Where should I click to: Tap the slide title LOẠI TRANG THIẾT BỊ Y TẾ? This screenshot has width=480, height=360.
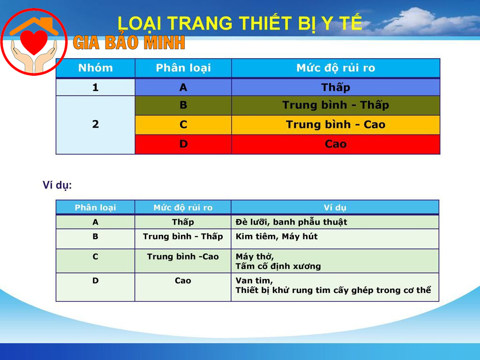click(240, 23)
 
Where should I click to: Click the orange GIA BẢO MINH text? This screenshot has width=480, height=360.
click(129, 44)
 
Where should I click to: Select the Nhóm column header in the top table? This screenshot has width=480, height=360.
click(96, 68)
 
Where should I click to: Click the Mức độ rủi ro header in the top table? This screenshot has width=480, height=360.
click(336, 68)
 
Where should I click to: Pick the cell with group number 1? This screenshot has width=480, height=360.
click(96, 87)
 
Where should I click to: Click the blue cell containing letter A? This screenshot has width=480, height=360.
click(183, 87)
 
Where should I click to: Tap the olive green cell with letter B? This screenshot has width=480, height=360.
click(183, 105)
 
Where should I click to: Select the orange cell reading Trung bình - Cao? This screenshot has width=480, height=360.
click(336, 125)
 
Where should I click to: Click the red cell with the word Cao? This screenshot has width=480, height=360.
click(336, 144)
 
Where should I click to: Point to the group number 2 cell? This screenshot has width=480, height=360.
click(96, 125)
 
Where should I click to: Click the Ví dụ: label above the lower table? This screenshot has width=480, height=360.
click(57, 186)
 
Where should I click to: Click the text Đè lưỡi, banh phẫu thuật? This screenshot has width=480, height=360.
click(291, 222)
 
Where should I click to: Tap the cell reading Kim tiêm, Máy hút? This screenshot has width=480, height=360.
click(277, 237)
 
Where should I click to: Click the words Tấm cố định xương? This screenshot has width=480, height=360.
click(278, 266)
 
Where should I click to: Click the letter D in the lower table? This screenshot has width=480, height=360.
click(96, 281)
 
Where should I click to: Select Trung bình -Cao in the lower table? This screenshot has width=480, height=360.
click(183, 257)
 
